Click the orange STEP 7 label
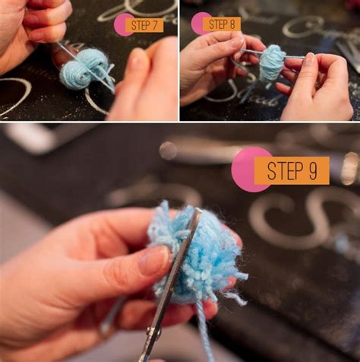click(144, 25)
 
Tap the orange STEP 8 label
click(222, 24)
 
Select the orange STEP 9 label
click(292, 170)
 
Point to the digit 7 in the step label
click(156, 25)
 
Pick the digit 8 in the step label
click(233, 24)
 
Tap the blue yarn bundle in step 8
click(271, 64)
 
